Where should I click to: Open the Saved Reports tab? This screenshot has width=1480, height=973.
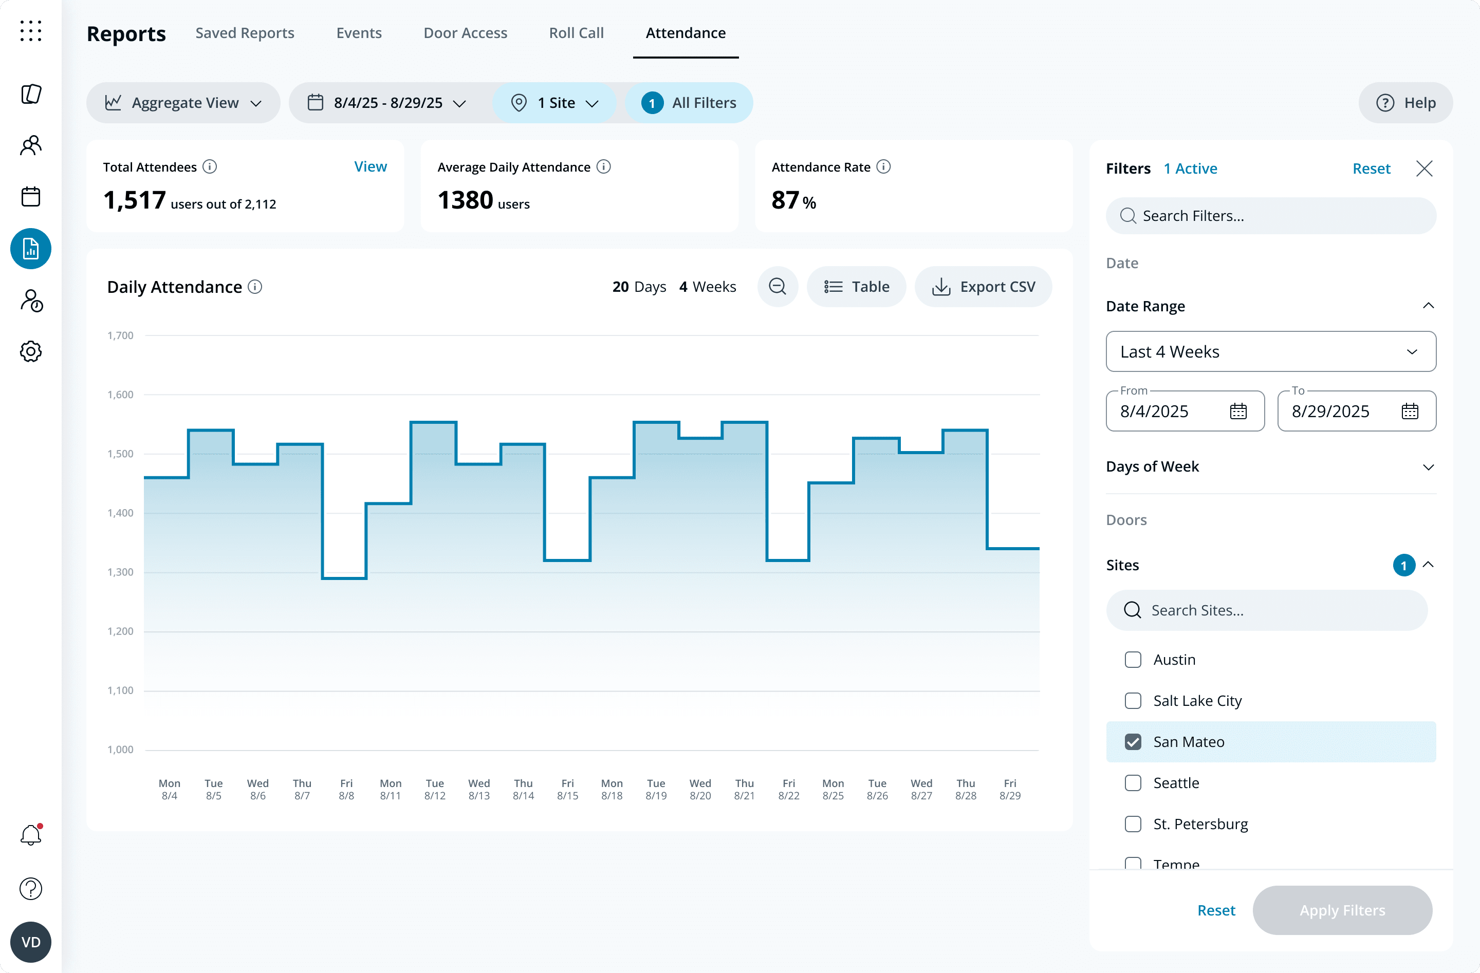[x=245, y=33]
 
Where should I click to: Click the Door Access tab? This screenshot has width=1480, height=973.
[x=465, y=33]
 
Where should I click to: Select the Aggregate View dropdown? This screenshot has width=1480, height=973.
[x=183, y=103]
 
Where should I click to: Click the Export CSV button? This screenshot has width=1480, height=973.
[x=983, y=287]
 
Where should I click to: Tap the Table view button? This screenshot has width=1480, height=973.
[x=856, y=287]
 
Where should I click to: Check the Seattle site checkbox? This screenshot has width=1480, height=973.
[x=1133, y=783]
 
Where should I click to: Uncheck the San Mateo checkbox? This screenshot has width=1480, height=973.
[x=1133, y=742]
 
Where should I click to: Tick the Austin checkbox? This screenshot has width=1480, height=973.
[x=1133, y=660]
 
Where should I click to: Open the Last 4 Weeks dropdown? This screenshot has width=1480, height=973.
[x=1270, y=351]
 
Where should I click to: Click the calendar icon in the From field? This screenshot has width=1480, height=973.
[x=1238, y=411]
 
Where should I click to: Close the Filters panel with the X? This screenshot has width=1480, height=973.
[x=1424, y=169]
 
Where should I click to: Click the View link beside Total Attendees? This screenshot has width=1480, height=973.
[x=370, y=166]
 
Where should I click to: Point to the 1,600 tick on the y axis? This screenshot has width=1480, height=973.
[x=120, y=394]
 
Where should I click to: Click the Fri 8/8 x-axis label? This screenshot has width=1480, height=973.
[x=346, y=789]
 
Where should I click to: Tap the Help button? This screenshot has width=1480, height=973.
[x=1405, y=103]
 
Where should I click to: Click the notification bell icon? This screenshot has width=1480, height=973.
[x=30, y=835]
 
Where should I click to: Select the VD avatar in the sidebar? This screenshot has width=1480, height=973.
[x=30, y=942]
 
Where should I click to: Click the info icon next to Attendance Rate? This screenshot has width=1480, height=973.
[x=884, y=166]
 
